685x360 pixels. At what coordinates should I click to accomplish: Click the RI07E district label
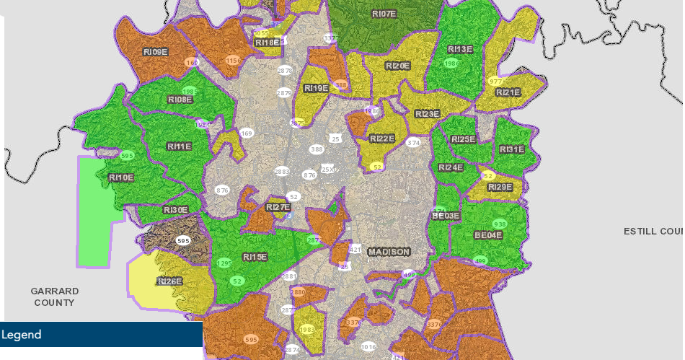coord(384,14)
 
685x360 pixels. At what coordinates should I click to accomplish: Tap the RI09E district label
coord(155,52)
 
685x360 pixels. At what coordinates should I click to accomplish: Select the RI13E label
coord(460,49)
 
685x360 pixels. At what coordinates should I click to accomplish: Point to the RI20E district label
coord(397,66)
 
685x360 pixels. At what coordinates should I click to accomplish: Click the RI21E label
coord(508,92)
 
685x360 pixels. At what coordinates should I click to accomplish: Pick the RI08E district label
coord(180,100)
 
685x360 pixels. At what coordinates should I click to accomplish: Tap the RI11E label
coord(179,146)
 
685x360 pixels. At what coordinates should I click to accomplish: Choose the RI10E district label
coord(120,177)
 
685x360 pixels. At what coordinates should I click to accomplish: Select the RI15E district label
coord(255,257)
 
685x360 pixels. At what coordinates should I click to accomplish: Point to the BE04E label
coord(488,235)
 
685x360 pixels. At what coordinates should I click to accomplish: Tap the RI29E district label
coord(500,188)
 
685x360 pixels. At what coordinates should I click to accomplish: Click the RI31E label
coord(512,149)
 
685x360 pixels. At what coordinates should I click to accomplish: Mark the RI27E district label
coord(278,207)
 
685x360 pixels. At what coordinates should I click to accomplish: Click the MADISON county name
coord(389,252)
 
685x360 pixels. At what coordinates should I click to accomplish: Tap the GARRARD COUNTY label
coord(54,297)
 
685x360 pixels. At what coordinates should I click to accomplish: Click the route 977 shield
coord(495,82)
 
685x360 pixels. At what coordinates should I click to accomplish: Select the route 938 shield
coord(500,224)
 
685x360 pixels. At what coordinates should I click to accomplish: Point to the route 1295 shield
coord(224,264)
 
